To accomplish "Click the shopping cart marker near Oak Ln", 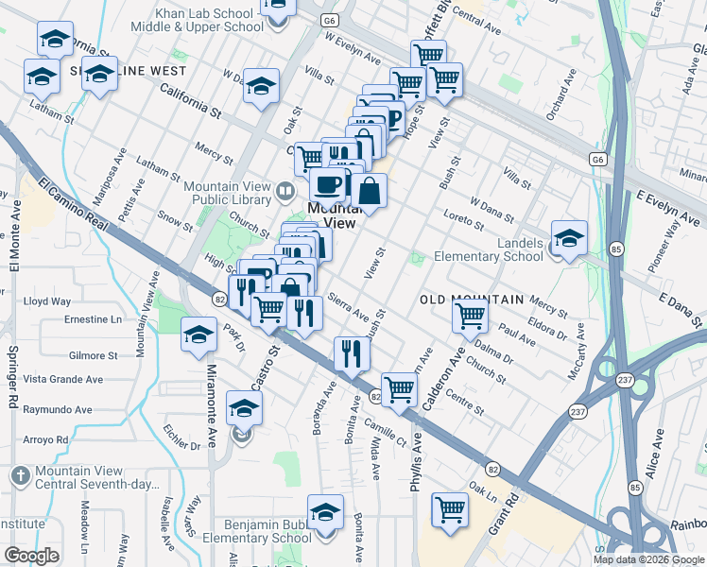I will [450, 510].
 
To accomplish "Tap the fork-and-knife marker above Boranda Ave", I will [352, 354].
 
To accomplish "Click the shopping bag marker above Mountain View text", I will [371, 190].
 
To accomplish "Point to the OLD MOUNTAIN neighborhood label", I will [471, 300].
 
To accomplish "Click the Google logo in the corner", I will [31, 556].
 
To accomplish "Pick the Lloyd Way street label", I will [47, 301].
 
